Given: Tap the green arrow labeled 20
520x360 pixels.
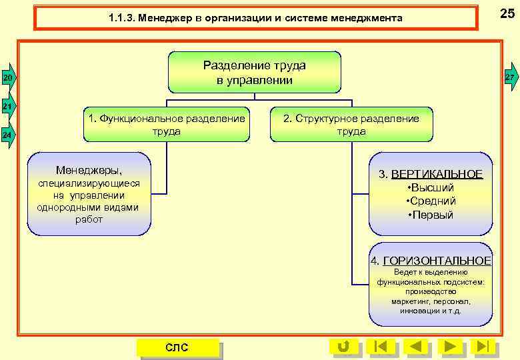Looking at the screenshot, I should pyautogui.click(x=7, y=79).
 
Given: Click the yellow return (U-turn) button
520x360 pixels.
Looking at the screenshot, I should pyautogui.click(x=343, y=346).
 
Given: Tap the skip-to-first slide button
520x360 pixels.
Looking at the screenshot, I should pyautogui.click(x=380, y=346).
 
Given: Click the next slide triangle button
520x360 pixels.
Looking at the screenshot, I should pyautogui.click(x=451, y=346).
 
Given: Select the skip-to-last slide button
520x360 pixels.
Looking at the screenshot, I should pyautogui.click(x=484, y=346).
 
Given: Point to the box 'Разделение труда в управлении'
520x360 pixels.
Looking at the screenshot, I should pyautogui.click(x=254, y=73).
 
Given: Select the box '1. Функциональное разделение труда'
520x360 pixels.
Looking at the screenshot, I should pyautogui.click(x=167, y=125).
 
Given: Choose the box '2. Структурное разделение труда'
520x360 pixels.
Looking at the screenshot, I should pyautogui.click(x=351, y=125).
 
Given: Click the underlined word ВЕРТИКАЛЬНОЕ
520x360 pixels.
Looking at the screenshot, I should pyautogui.click(x=437, y=174).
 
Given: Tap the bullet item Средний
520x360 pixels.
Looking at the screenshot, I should pyautogui.click(x=431, y=201).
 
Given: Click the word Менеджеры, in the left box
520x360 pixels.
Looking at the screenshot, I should pyautogui.click(x=89, y=170).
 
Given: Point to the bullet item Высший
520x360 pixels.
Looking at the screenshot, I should pyautogui.click(x=431, y=187).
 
